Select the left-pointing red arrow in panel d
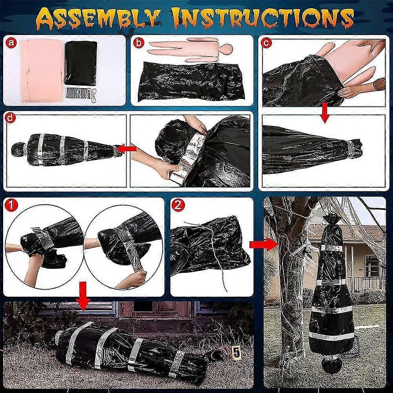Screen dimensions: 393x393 (127, 149)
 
